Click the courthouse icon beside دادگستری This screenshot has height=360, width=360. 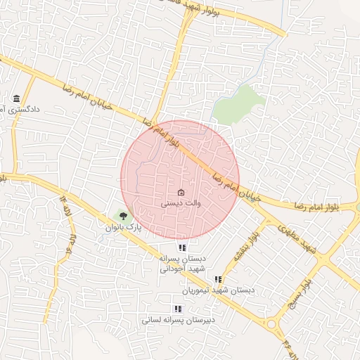coord(16,98)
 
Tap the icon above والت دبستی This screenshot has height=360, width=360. coord(181,192)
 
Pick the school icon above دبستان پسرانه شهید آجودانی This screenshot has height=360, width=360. coord(182,247)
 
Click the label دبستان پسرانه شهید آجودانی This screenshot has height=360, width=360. coord(182,264)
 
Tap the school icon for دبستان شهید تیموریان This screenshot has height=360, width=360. coord(217,279)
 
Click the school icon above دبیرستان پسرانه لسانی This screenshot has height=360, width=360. coord(177,308)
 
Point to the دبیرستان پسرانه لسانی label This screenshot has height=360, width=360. coord(178,320)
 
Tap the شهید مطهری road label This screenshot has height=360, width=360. coord(295,237)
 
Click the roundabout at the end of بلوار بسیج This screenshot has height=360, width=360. coord(271,324)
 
